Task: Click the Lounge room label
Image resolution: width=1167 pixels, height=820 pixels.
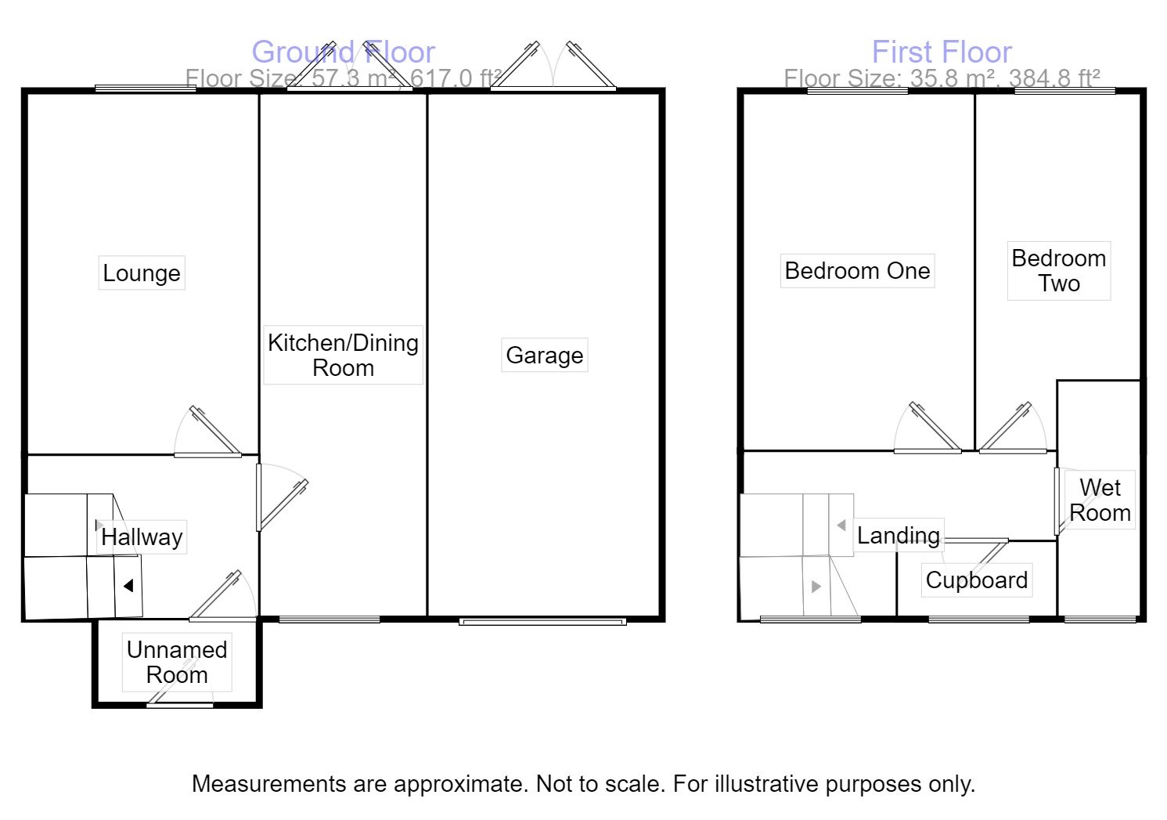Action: (142, 273)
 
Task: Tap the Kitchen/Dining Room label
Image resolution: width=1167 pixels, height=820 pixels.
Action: (343, 355)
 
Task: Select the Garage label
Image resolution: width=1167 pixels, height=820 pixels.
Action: (545, 356)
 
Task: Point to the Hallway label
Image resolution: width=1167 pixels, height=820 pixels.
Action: (142, 537)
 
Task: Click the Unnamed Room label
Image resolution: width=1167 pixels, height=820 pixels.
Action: (177, 662)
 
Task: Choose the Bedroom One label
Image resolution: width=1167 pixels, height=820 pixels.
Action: (857, 271)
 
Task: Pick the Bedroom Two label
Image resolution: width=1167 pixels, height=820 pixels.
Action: (1058, 271)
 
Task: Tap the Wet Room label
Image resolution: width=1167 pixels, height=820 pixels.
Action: (1100, 500)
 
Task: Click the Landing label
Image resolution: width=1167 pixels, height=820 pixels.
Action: (899, 536)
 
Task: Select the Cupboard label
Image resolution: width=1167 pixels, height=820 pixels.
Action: (976, 580)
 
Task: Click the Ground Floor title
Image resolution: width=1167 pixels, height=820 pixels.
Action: (343, 52)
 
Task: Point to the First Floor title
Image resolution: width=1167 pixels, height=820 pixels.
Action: (942, 52)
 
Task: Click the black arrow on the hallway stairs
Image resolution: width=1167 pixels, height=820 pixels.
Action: (128, 585)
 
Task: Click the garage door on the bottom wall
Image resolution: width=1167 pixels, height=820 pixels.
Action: (542, 622)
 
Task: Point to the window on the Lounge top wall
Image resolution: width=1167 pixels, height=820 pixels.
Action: (146, 89)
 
